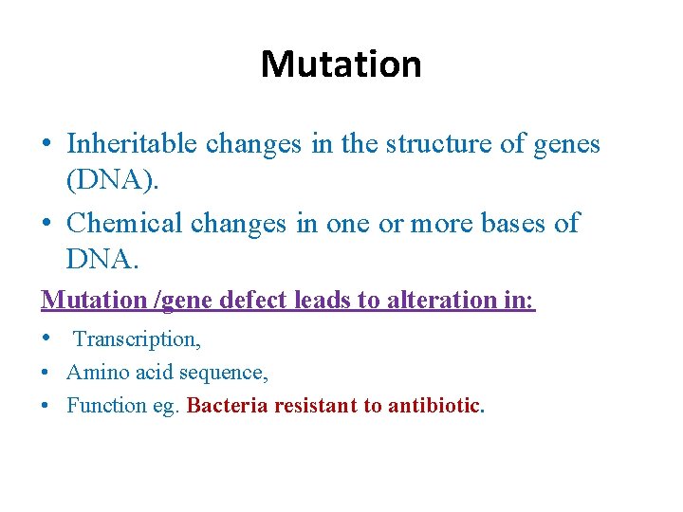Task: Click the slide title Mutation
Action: coord(341,64)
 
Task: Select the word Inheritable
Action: coord(132,143)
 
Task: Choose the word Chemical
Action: coord(125,223)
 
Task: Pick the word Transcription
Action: coord(137,338)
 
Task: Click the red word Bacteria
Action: coord(227,406)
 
